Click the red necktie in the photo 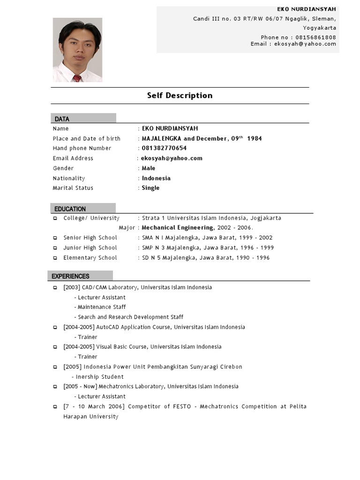click(x=77, y=78)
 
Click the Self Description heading click(x=180, y=96)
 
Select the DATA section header click(x=62, y=119)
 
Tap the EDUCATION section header click(x=70, y=209)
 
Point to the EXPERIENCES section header click(x=70, y=277)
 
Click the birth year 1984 click(x=255, y=138)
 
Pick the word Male click(x=149, y=168)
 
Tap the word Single click(x=150, y=188)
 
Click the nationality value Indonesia click(x=156, y=178)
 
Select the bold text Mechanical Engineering click(x=178, y=228)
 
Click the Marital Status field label click(x=73, y=188)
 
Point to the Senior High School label click(x=90, y=238)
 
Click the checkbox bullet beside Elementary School click(x=55, y=258)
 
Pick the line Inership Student click(x=99, y=376)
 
